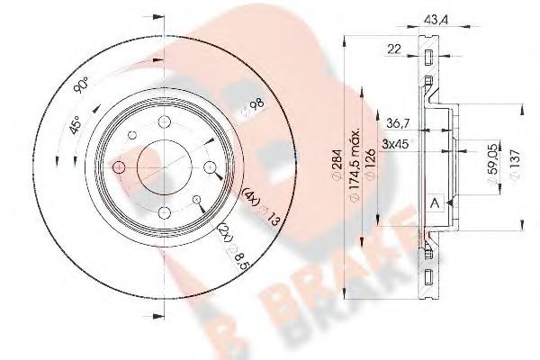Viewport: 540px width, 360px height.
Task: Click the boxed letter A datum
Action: pos(436,203)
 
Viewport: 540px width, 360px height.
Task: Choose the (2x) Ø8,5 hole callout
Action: pos(230,248)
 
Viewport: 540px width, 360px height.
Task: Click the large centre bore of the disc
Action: pos(163,167)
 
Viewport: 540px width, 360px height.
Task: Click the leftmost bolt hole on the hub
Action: pos(119,167)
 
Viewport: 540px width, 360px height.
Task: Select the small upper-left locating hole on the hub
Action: pos(131,136)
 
